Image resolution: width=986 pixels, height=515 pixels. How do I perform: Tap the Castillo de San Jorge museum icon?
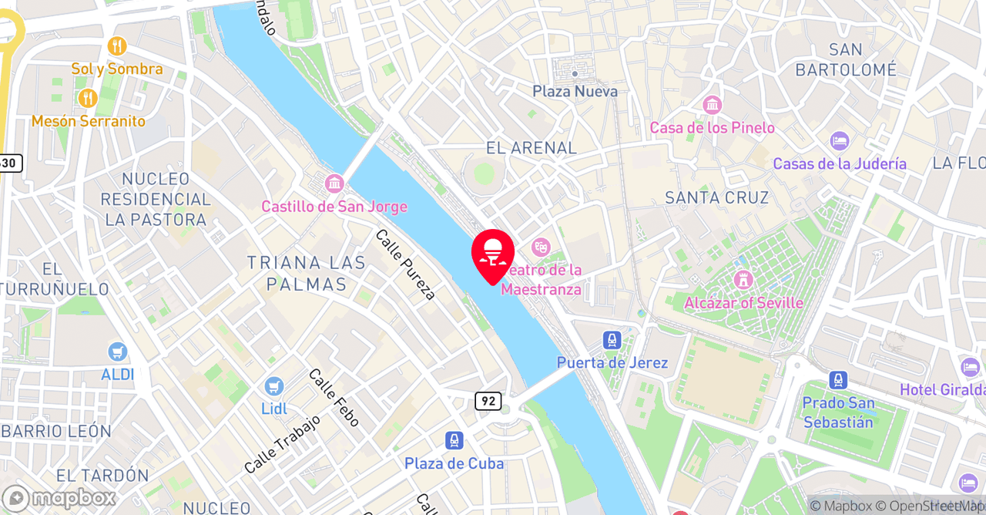334,183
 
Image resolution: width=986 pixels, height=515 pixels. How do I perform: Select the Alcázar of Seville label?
743,302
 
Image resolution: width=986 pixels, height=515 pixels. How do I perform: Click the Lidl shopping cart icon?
273,385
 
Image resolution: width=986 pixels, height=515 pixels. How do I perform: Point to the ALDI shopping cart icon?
118,352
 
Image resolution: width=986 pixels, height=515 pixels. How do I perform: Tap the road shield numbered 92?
488,401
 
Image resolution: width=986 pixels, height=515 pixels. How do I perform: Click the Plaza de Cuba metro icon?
454,440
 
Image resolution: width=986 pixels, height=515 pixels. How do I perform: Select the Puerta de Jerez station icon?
612,339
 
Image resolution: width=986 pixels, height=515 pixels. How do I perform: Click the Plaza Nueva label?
575,91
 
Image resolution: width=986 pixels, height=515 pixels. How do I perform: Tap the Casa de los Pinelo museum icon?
712,105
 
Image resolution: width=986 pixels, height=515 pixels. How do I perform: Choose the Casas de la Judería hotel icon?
839,141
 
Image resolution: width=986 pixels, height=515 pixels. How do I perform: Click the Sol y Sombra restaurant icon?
117,46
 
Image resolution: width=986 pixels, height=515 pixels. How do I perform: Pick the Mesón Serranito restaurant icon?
87,98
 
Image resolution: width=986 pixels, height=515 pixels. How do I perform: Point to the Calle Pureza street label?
405,264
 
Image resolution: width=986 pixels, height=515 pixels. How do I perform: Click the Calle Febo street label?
334,397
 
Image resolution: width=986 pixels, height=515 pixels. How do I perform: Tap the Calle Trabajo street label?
282,445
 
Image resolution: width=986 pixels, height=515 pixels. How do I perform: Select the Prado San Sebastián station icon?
838,380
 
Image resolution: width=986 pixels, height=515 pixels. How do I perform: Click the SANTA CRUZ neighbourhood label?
716,197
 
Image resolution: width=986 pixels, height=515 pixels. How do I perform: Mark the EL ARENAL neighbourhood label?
532,147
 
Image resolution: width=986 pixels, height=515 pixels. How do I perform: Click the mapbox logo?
59,497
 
